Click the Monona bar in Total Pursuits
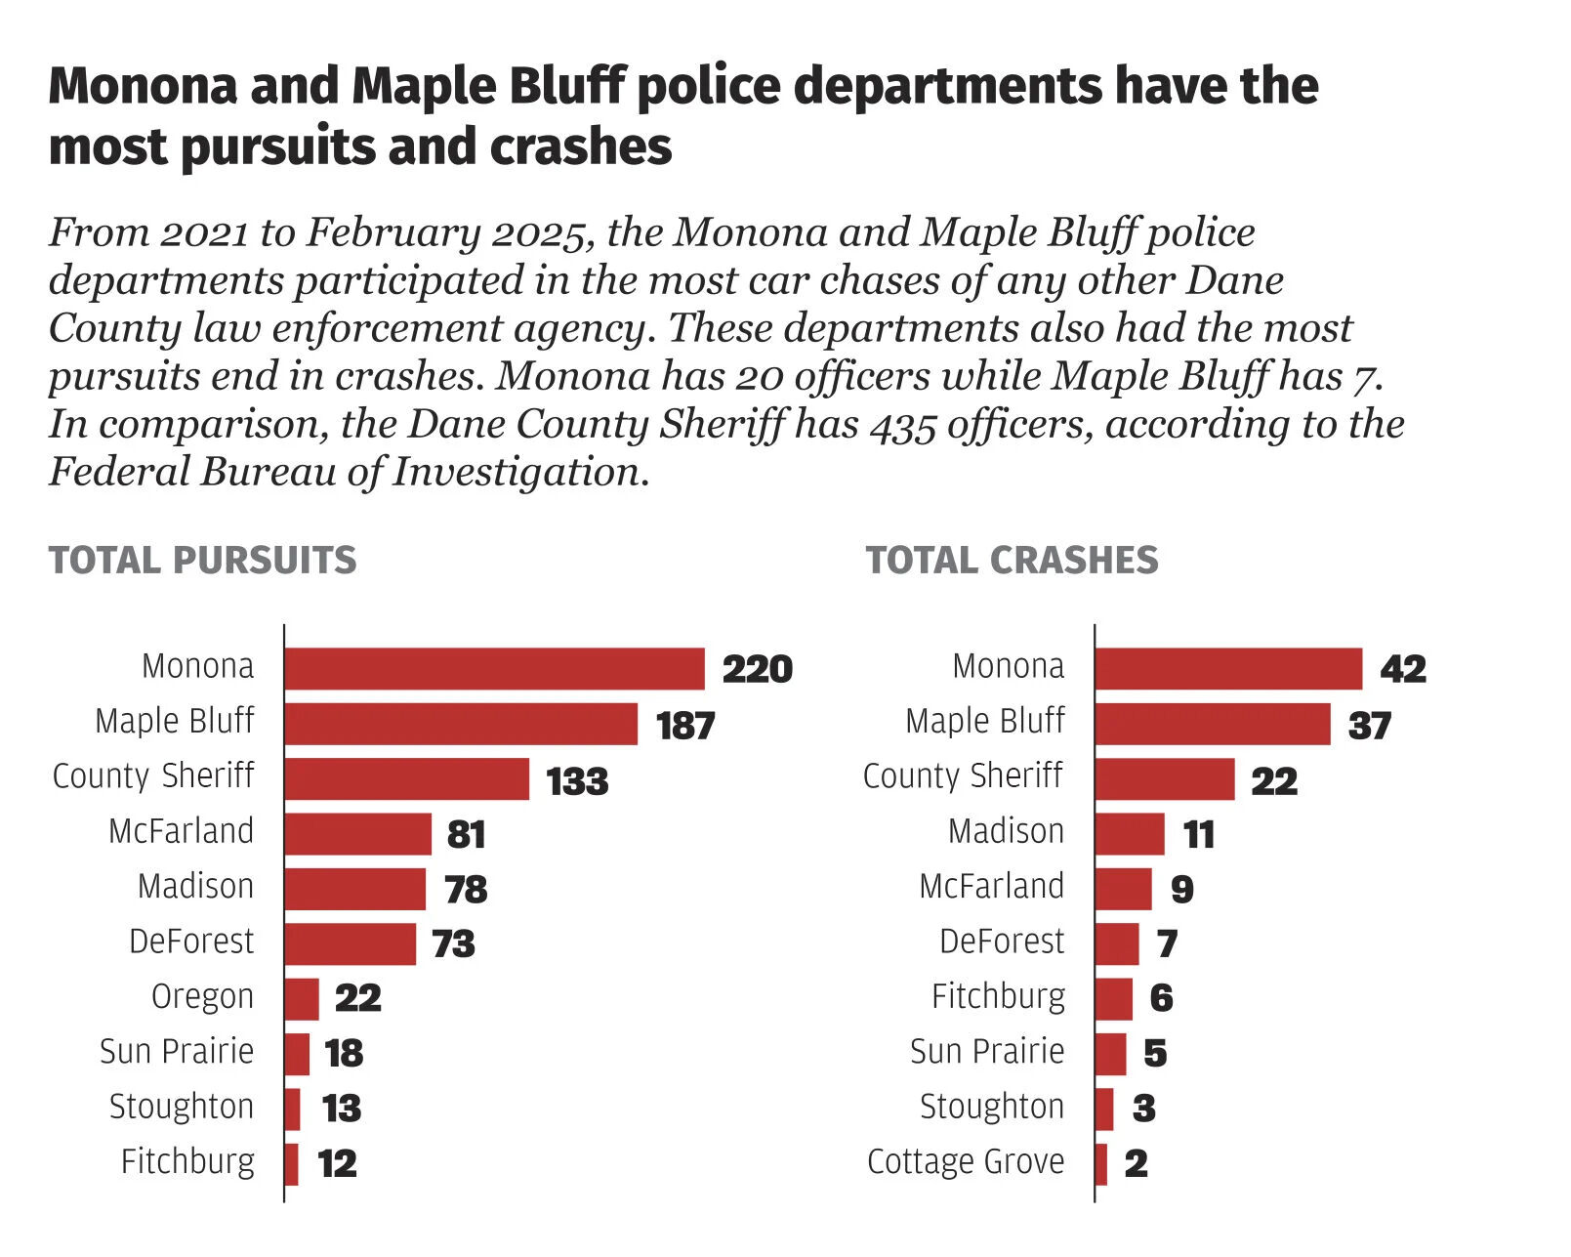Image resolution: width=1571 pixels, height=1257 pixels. click(x=494, y=669)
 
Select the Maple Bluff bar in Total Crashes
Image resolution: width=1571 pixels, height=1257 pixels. click(x=1212, y=724)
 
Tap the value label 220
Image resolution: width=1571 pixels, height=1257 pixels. click(x=757, y=670)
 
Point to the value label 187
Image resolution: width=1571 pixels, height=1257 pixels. click(x=685, y=726)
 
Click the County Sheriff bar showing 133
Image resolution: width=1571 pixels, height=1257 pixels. click(x=406, y=779)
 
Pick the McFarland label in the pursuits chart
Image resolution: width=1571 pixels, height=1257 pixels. click(x=182, y=831)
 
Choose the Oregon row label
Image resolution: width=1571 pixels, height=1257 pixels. click(x=202, y=996)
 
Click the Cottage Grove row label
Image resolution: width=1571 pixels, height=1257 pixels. click(x=966, y=1161)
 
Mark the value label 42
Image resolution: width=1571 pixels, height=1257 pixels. click(x=1403, y=670)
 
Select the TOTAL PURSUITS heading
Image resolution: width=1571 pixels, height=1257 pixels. click(x=203, y=561)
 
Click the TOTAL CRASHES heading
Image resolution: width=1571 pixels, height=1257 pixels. click(x=1012, y=561)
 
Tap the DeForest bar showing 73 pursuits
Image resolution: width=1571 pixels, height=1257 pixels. click(x=350, y=944)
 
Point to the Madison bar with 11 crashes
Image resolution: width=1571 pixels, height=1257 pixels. click(x=1130, y=834)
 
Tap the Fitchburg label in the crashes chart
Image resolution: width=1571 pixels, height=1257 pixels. click(x=998, y=996)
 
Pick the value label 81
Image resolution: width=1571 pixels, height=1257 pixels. click(x=466, y=835)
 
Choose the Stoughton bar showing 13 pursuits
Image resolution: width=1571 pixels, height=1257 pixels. click(x=292, y=1110)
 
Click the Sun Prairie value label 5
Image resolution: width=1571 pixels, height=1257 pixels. click(x=1155, y=1054)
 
